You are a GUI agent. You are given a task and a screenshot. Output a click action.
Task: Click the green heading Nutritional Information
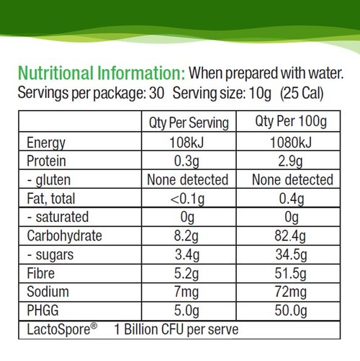(x=102, y=73)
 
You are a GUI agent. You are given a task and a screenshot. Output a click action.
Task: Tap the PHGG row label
(x=43, y=311)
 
